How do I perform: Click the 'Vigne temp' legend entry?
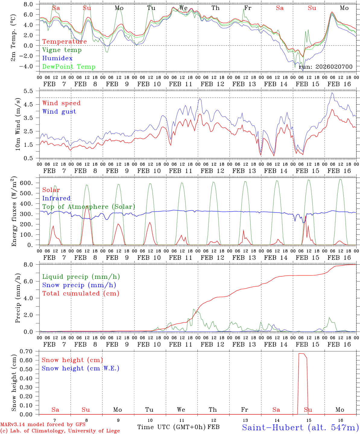62,50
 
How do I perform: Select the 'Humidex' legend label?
57,58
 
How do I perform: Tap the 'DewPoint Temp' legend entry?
69,67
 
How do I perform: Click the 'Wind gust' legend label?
59,112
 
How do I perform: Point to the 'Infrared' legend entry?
56,198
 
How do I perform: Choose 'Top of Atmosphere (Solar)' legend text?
89,207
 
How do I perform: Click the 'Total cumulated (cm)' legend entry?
81,293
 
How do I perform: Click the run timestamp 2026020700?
326,67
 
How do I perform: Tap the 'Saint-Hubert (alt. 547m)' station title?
300,427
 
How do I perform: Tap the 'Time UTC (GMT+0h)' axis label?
172,427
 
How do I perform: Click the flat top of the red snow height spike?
302,354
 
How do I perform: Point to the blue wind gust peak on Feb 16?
332,93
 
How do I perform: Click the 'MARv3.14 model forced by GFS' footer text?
43,425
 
